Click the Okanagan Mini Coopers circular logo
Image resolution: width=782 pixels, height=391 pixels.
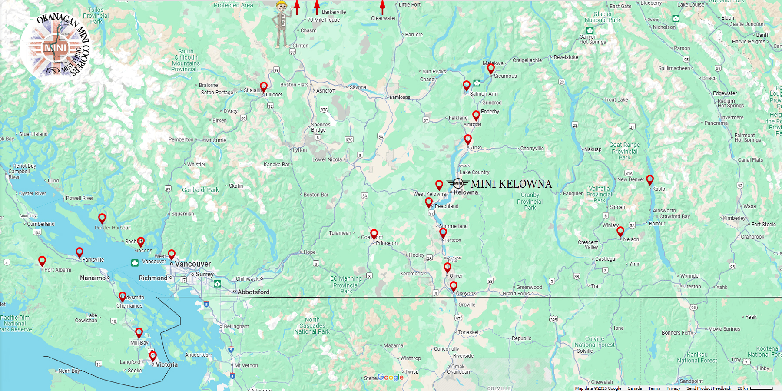pyautogui.click(x=55, y=46)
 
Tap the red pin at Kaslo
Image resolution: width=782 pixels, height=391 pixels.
pyautogui.click(x=649, y=179)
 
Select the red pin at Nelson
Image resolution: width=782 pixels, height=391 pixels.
pyautogui.click(x=620, y=231)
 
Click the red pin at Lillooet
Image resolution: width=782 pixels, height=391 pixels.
pyautogui.click(x=264, y=86)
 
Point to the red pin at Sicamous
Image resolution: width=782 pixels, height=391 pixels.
pyautogui.click(x=491, y=68)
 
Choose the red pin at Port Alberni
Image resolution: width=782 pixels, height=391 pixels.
pyautogui.click(x=42, y=261)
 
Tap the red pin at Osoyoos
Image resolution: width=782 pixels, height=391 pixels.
pyautogui.click(x=454, y=286)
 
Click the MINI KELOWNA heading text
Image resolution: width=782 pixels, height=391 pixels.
pyautogui.click(x=511, y=184)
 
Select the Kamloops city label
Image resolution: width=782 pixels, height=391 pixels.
pyautogui.click(x=400, y=97)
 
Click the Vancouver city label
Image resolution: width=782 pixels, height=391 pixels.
pyautogui.click(x=193, y=264)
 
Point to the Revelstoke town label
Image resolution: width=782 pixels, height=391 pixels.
pyautogui.click(x=566, y=57)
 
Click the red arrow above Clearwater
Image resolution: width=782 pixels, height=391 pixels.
pyautogui.click(x=382, y=7)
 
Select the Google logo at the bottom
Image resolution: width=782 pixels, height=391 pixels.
pyautogui.click(x=391, y=377)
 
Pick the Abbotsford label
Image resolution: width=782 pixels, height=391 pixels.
pyautogui.click(x=253, y=292)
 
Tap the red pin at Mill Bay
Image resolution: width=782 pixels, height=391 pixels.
pyautogui.click(x=139, y=332)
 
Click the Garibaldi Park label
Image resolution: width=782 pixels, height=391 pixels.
pyautogui.click(x=200, y=190)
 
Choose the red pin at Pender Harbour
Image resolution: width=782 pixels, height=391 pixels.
pyautogui.click(x=102, y=218)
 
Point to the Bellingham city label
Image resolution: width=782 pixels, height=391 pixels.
pyautogui.click(x=237, y=326)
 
